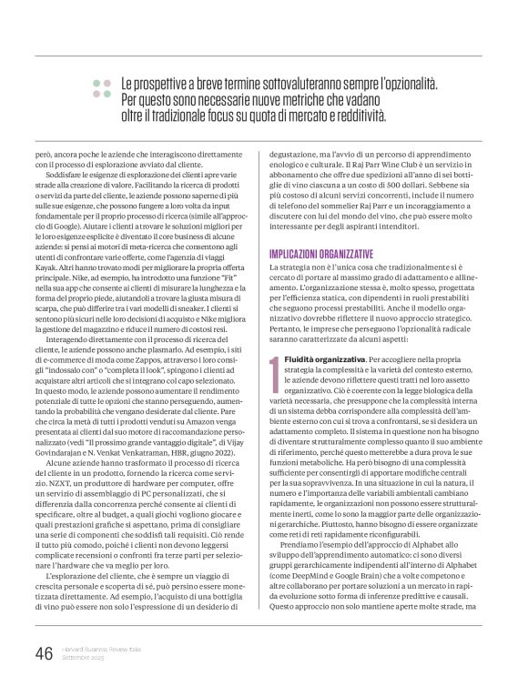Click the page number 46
point(42,653)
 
